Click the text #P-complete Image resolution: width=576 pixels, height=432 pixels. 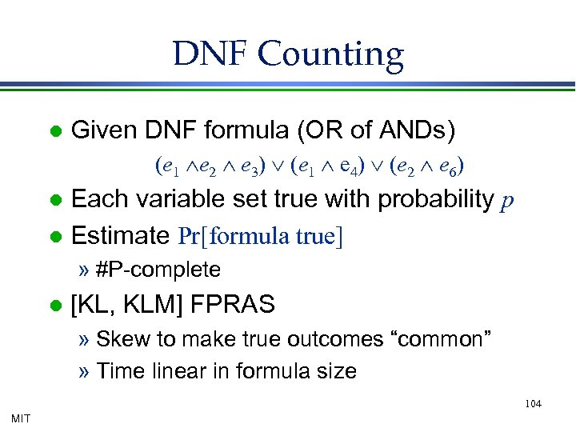click(158, 270)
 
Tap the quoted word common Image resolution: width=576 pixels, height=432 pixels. click(441, 339)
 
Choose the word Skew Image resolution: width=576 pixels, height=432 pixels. click(116, 339)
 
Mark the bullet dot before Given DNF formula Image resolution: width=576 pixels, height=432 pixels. click(54, 130)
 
